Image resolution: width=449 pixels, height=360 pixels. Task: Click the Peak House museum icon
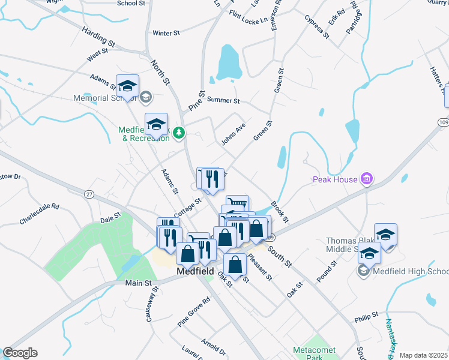pyautogui.click(x=366, y=179)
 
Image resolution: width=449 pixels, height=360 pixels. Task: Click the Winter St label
pyautogui.click(x=166, y=33)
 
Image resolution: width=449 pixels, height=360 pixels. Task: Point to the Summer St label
pyautogui.click(x=223, y=101)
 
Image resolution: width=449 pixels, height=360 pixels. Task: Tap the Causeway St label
pyautogui.click(x=152, y=304)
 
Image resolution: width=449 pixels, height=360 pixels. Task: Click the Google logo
pyautogui.click(x=20, y=353)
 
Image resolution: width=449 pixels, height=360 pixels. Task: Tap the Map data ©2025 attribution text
pyautogui.click(x=424, y=355)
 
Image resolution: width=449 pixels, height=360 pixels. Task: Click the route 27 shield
pyautogui.click(x=89, y=194)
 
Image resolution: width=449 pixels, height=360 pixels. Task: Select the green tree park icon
pyautogui.click(x=178, y=133)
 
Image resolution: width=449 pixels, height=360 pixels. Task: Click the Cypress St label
pyautogui.click(x=316, y=27)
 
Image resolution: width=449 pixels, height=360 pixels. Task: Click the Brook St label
pyautogui.click(x=280, y=211)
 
